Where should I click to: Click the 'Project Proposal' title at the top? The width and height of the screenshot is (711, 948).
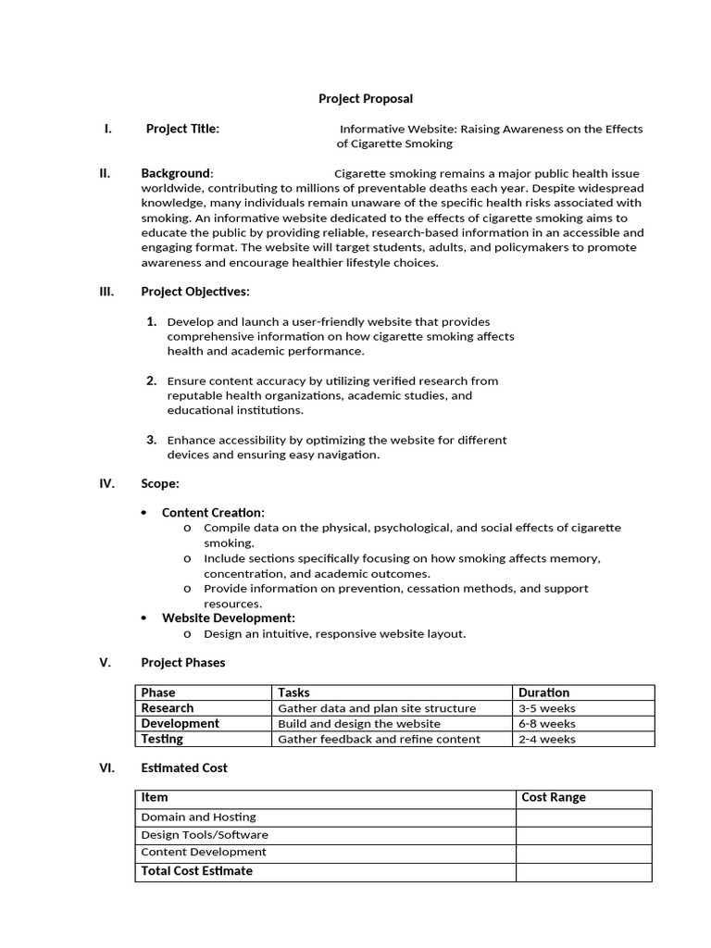366,98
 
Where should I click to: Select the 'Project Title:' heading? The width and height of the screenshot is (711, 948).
182,129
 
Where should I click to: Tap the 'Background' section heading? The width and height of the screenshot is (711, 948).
176,173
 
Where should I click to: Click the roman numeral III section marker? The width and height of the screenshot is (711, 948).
106,292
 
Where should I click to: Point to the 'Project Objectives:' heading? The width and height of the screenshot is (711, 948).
195,292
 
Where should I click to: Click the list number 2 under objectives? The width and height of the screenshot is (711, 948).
151,380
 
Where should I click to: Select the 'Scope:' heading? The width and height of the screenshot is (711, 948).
160,483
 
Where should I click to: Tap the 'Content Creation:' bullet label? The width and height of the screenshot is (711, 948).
213,512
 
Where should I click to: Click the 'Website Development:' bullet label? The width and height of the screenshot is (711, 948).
229,617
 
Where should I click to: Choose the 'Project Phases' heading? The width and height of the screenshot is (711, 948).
183,662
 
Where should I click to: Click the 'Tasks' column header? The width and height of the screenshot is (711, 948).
293,692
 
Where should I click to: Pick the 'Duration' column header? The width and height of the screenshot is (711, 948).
543,692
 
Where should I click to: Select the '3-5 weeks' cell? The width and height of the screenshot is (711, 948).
546,708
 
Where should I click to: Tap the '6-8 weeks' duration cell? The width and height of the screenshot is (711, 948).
546,724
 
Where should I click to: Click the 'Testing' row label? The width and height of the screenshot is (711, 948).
162,739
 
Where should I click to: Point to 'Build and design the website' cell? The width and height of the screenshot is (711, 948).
359,724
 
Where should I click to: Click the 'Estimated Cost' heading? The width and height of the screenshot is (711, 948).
184,767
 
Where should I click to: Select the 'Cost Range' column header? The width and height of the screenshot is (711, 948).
554,797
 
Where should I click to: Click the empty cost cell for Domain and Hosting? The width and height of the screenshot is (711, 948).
583,817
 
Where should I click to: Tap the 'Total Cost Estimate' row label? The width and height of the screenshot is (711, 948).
196,871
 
